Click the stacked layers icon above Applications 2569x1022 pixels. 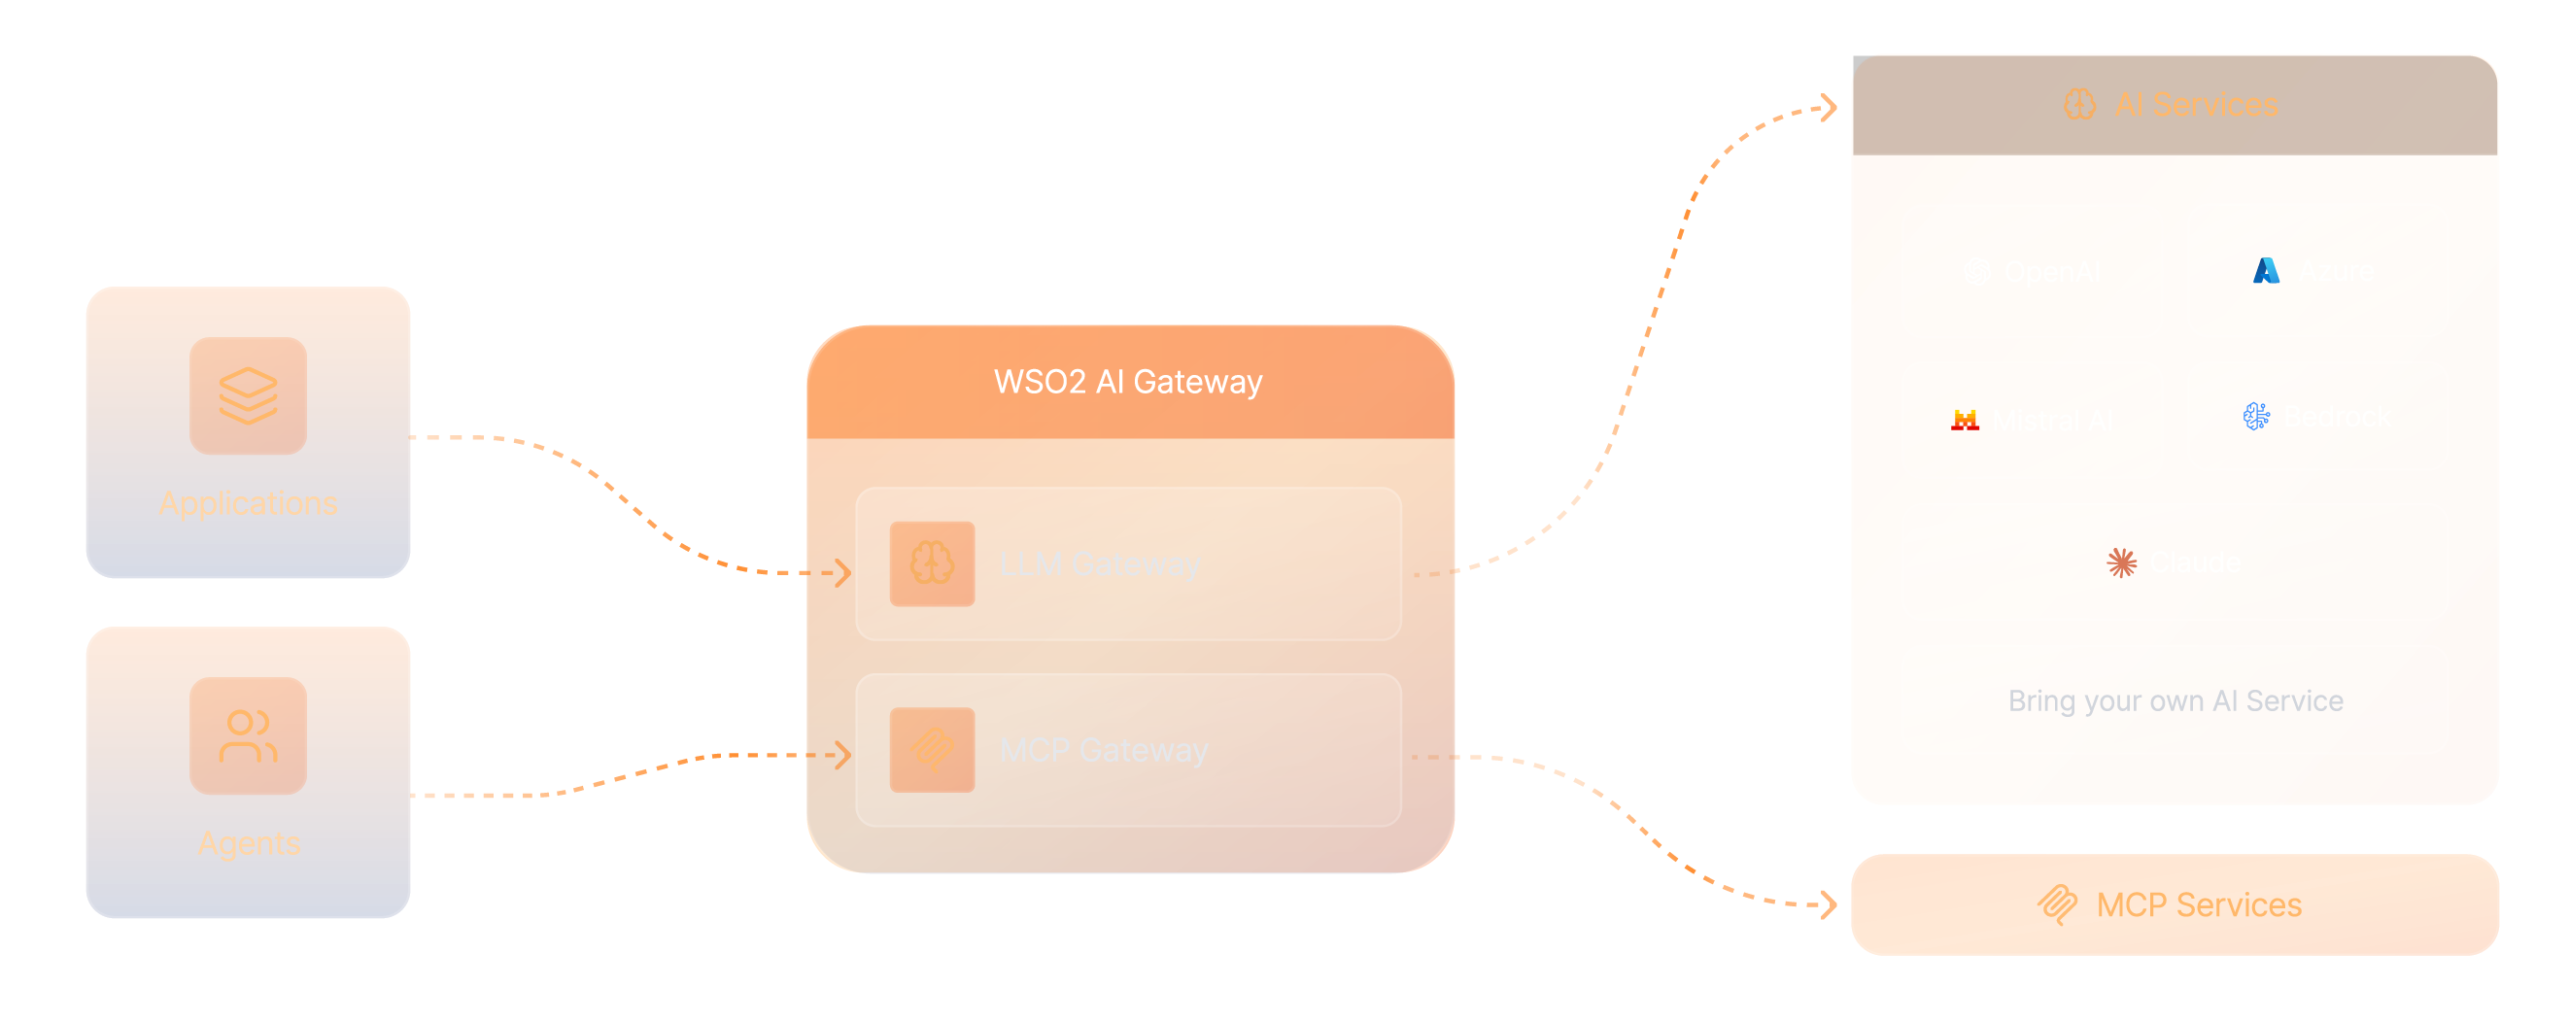tap(248, 395)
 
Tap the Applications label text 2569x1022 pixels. tap(248, 503)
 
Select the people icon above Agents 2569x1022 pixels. tap(248, 736)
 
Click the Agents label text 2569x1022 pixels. tap(248, 843)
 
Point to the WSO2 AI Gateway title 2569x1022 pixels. tap(1128, 382)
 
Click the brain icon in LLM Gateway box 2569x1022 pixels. tap(932, 564)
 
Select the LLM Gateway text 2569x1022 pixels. tap(1099, 564)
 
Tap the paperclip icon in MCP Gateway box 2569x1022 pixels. tap(932, 750)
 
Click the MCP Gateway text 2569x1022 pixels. tap(1103, 750)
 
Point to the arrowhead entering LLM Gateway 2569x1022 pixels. tap(838, 572)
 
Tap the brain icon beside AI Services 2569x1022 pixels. tap(2079, 105)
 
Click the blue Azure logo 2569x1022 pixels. tap(2266, 270)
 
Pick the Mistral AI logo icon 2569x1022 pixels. tap(1965, 420)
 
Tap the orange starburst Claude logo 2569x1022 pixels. tap(2121, 562)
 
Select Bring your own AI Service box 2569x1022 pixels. tap(2175, 699)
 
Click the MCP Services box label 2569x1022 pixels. tap(2197, 904)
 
